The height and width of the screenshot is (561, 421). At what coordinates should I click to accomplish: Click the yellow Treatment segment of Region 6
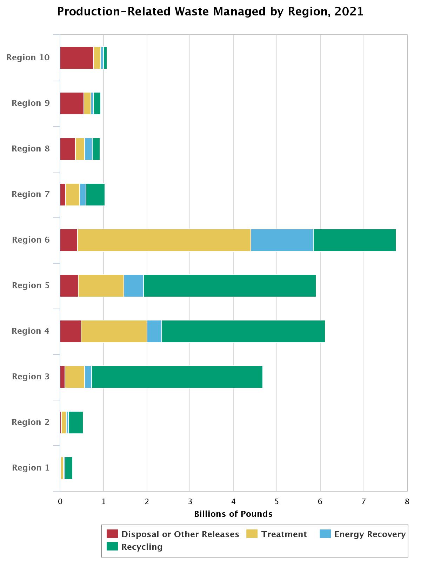[x=164, y=240]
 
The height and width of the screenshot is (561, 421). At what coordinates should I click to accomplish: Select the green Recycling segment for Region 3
[x=177, y=377]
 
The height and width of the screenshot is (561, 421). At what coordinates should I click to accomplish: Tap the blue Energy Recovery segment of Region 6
[x=282, y=240]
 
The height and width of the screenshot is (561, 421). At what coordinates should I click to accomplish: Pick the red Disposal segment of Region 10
[x=76, y=58]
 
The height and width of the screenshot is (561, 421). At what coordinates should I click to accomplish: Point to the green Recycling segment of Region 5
[x=229, y=286]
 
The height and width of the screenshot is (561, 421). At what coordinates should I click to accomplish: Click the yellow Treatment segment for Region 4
[x=114, y=331]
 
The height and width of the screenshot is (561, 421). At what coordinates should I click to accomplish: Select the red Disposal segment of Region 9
[x=72, y=103]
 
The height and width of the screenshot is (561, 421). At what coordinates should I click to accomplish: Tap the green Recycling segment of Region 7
[x=95, y=195]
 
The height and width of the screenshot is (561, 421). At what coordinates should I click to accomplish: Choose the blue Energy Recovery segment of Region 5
[x=133, y=286]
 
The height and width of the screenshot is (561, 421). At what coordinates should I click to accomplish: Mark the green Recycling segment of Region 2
[x=76, y=423]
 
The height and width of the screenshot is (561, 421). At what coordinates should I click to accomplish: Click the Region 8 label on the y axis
[x=31, y=149]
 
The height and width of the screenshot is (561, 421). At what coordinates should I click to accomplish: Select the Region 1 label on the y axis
[x=31, y=468]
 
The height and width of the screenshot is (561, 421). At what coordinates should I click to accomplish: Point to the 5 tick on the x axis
[x=277, y=502]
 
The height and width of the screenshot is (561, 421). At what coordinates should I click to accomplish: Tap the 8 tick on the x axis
[x=407, y=502]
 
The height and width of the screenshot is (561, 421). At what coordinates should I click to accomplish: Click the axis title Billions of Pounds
[x=233, y=514]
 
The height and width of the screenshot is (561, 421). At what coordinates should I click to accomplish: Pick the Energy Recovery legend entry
[x=370, y=534]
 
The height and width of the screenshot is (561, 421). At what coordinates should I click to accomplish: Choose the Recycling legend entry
[x=142, y=547]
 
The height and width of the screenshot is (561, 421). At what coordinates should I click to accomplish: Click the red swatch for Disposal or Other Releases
[x=113, y=534]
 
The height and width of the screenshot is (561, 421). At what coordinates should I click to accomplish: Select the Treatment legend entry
[x=284, y=534]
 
